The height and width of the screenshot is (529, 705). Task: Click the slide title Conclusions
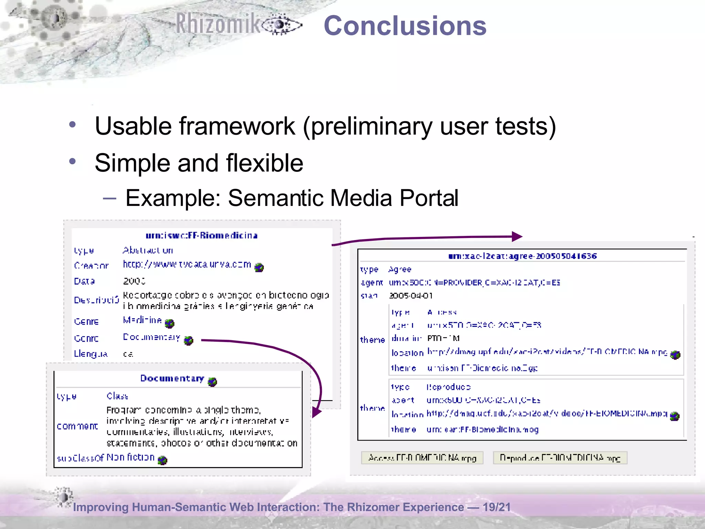coord(405,26)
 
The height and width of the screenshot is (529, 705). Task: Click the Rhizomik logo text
coord(218,24)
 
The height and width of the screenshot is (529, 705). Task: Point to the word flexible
coord(264,163)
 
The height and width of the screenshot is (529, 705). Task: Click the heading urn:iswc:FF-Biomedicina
coord(202,236)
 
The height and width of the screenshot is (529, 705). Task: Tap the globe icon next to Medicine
coord(169,323)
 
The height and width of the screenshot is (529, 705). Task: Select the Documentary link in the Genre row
coord(151,337)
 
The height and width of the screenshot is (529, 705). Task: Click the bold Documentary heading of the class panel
coord(172,378)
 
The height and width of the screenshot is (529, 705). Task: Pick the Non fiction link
coord(130,457)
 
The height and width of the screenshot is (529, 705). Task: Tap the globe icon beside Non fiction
coord(162,460)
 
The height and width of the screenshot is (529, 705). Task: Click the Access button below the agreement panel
coord(422,458)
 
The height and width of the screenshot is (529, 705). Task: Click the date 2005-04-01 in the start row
coord(411,296)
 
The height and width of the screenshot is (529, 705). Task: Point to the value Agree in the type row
coord(400,269)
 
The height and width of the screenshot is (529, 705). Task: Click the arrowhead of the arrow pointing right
coord(517,237)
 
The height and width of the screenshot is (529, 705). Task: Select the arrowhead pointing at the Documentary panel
coord(316,412)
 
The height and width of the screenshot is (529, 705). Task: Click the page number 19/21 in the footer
coord(496,507)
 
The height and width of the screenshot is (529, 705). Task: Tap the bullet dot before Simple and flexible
coord(72,161)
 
